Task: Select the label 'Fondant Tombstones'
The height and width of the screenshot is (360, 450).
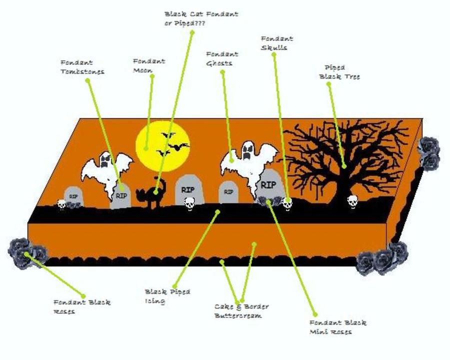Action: [x=82, y=67]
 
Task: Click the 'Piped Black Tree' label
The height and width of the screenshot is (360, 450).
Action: [x=339, y=72]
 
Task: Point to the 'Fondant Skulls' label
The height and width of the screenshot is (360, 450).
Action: [x=276, y=43]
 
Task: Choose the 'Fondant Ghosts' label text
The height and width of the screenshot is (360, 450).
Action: [x=222, y=58]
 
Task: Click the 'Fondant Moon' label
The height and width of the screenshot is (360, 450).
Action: [x=148, y=66]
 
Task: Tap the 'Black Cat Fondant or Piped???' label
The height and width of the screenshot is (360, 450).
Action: [x=201, y=18]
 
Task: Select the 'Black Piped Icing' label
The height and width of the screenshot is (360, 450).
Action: [x=167, y=296]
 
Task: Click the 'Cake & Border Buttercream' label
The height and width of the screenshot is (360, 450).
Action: [x=241, y=311]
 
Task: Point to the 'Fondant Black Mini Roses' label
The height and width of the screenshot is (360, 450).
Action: [x=337, y=327]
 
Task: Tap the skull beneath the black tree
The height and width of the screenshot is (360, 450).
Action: [x=352, y=201]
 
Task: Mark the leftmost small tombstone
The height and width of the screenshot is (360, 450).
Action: [x=73, y=196]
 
